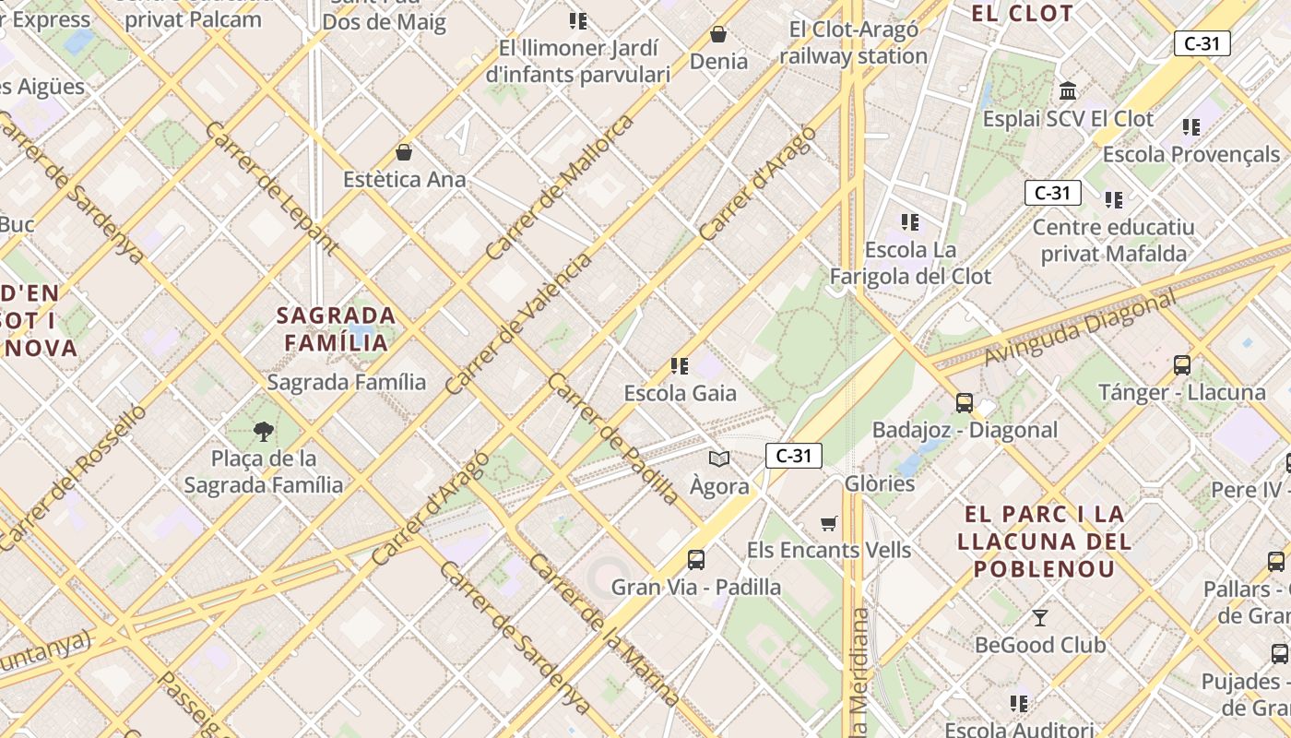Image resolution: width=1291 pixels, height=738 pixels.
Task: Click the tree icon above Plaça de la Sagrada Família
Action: pyautogui.click(x=264, y=431)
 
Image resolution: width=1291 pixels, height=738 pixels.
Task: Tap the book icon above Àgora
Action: pyautogui.click(x=719, y=458)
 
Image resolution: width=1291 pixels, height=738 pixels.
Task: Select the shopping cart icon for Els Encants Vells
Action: pyautogui.click(x=829, y=523)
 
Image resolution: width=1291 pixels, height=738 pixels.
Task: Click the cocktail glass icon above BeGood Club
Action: pyautogui.click(x=1040, y=617)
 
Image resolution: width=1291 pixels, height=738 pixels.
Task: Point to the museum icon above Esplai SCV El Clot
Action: pyautogui.click(x=1069, y=91)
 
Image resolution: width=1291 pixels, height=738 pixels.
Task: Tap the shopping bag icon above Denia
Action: pyautogui.click(x=718, y=34)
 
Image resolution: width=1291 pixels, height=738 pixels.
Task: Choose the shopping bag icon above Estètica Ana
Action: pyautogui.click(x=404, y=152)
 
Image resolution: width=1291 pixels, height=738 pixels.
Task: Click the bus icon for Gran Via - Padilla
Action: pyautogui.click(x=696, y=559)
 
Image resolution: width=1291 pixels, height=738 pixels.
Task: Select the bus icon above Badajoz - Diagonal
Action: pyautogui.click(x=964, y=402)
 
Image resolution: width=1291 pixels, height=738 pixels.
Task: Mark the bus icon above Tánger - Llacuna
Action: pyautogui.click(x=1182, y=365)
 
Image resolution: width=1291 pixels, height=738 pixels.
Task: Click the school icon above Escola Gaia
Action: pyautogui.click(x=680, y=366)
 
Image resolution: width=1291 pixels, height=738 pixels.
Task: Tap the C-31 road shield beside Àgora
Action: pyautogui.click(x=793, y=455)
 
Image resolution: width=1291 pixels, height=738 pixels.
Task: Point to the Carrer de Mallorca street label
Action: pyautogui.click(x=561, y=186)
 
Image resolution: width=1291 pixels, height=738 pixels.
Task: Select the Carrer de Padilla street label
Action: pyautogui.click(x=613, y=439)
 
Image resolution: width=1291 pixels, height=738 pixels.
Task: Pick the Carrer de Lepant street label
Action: pyautogui.click(x=270, y=187)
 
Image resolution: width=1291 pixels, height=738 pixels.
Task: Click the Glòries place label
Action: pyautogui.click(x=880, y=483)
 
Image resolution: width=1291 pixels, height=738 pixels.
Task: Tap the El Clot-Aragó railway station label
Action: pyautogui.click(x=854, y=42)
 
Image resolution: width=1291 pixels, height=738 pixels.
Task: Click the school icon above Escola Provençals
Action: pyautogui.click(x=1190, y=127)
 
